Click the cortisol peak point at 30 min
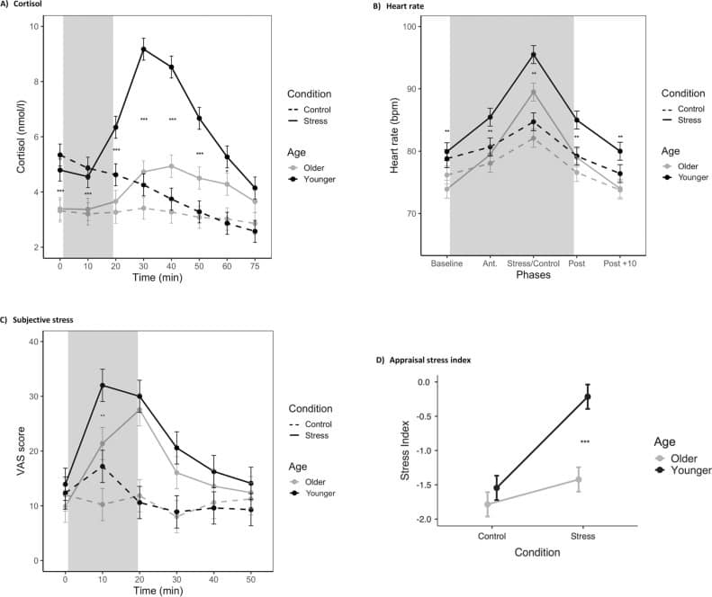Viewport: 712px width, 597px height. [x=143, y=49]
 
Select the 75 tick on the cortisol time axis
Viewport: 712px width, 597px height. [x=256, y=267]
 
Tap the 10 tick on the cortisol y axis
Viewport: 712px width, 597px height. [x=34, y=26]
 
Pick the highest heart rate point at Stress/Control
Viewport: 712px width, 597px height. [x=534, y=54]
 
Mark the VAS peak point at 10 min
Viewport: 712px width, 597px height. [x=103, y=385]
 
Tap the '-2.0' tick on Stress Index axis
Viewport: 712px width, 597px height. [x=455, y=520]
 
